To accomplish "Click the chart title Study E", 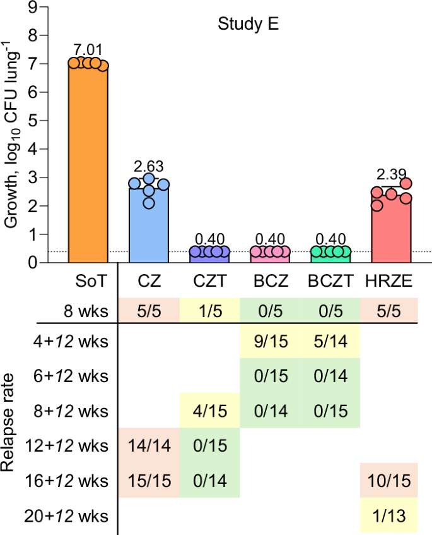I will pos(248,25).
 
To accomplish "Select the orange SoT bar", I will pos(88,164).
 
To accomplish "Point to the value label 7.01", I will pos(88,50).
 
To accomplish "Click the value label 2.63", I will pos(149,167).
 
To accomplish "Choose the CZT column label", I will pos(209,279).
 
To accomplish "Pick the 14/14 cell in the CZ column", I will pos(149,446).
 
